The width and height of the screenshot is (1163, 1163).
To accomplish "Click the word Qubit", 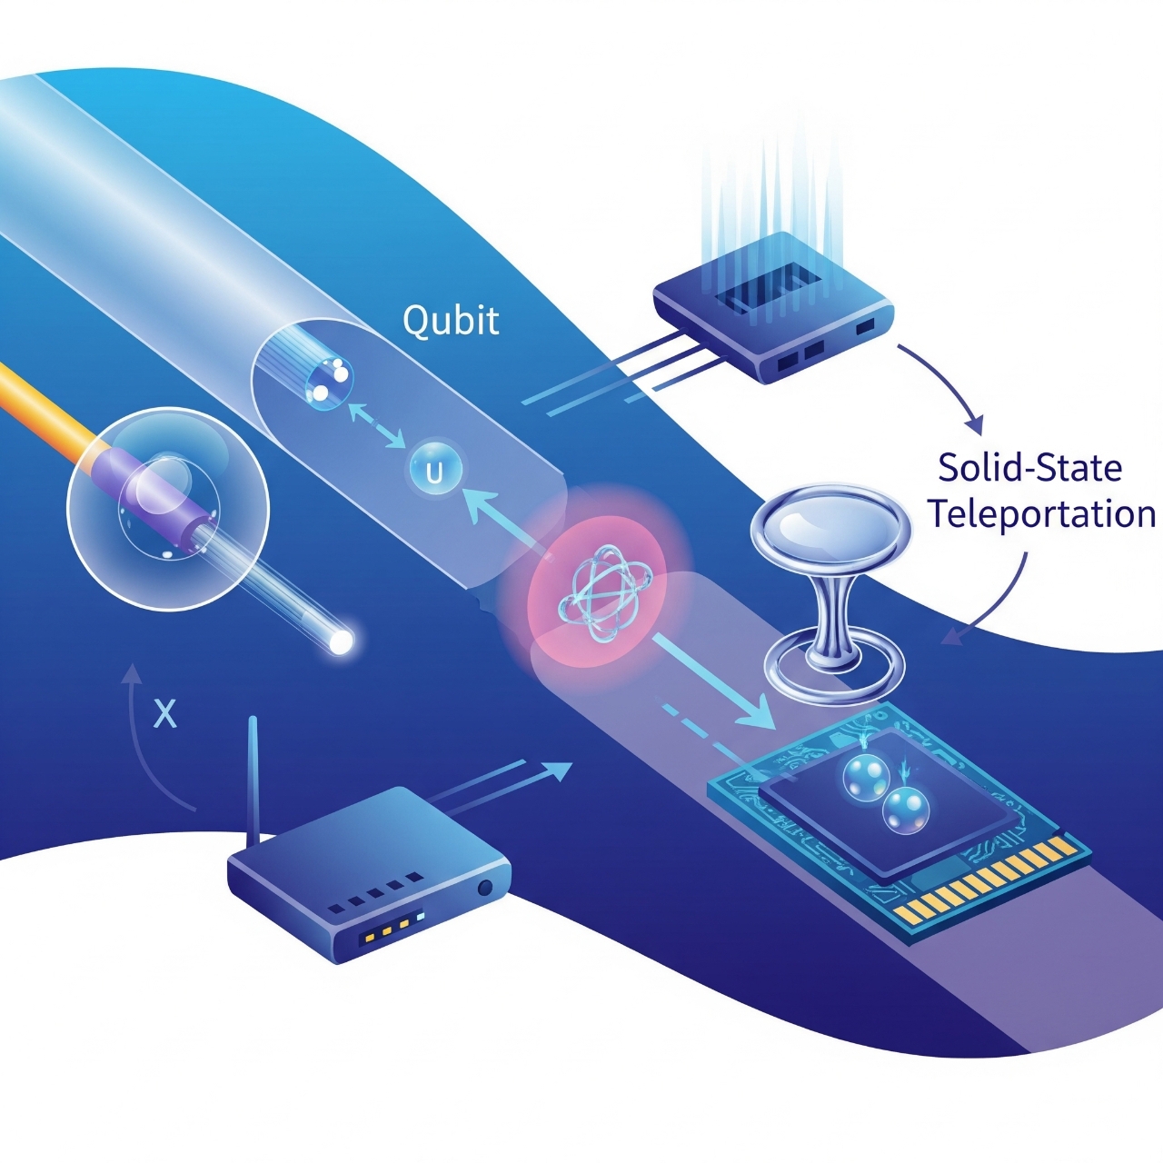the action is click(451, 321).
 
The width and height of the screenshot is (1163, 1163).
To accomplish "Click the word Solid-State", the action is click(1030, 468).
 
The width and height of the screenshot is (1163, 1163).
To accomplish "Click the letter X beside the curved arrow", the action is click(164, 714).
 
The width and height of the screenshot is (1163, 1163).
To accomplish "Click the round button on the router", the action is click(484, 887).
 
